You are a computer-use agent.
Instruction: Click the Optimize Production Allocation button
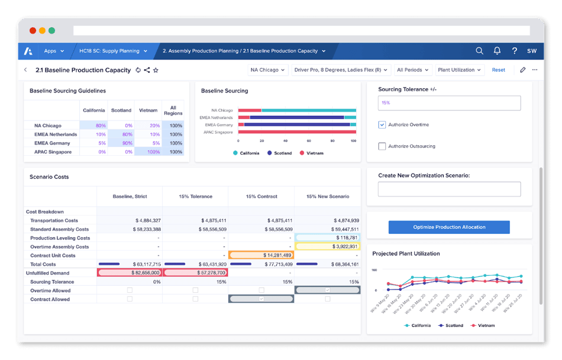point(449,227)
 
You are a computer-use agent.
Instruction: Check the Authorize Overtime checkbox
point(382,125)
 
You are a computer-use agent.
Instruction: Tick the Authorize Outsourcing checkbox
point(382,146)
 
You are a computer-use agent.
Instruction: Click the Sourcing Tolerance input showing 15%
point(449,103)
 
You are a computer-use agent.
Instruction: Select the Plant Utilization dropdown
point(460,70)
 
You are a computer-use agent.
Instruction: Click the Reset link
point(498,70)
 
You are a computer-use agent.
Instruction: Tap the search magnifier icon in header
point(480,51)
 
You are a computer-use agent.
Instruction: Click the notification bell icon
point(497,51)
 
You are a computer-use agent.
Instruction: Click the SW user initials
point(531,51)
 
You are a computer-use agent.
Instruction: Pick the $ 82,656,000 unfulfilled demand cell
point(129,272)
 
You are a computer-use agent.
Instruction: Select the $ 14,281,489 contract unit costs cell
point(261,255)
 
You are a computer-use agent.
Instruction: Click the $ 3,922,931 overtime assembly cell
point(327,247)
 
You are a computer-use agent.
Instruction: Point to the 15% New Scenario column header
point(327,196)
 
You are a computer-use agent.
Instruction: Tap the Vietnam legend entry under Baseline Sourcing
point(311,153)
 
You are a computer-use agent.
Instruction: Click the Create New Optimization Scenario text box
point(449,189)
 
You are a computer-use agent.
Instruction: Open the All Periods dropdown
point(412,70)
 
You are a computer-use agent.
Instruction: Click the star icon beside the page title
point(156,70)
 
